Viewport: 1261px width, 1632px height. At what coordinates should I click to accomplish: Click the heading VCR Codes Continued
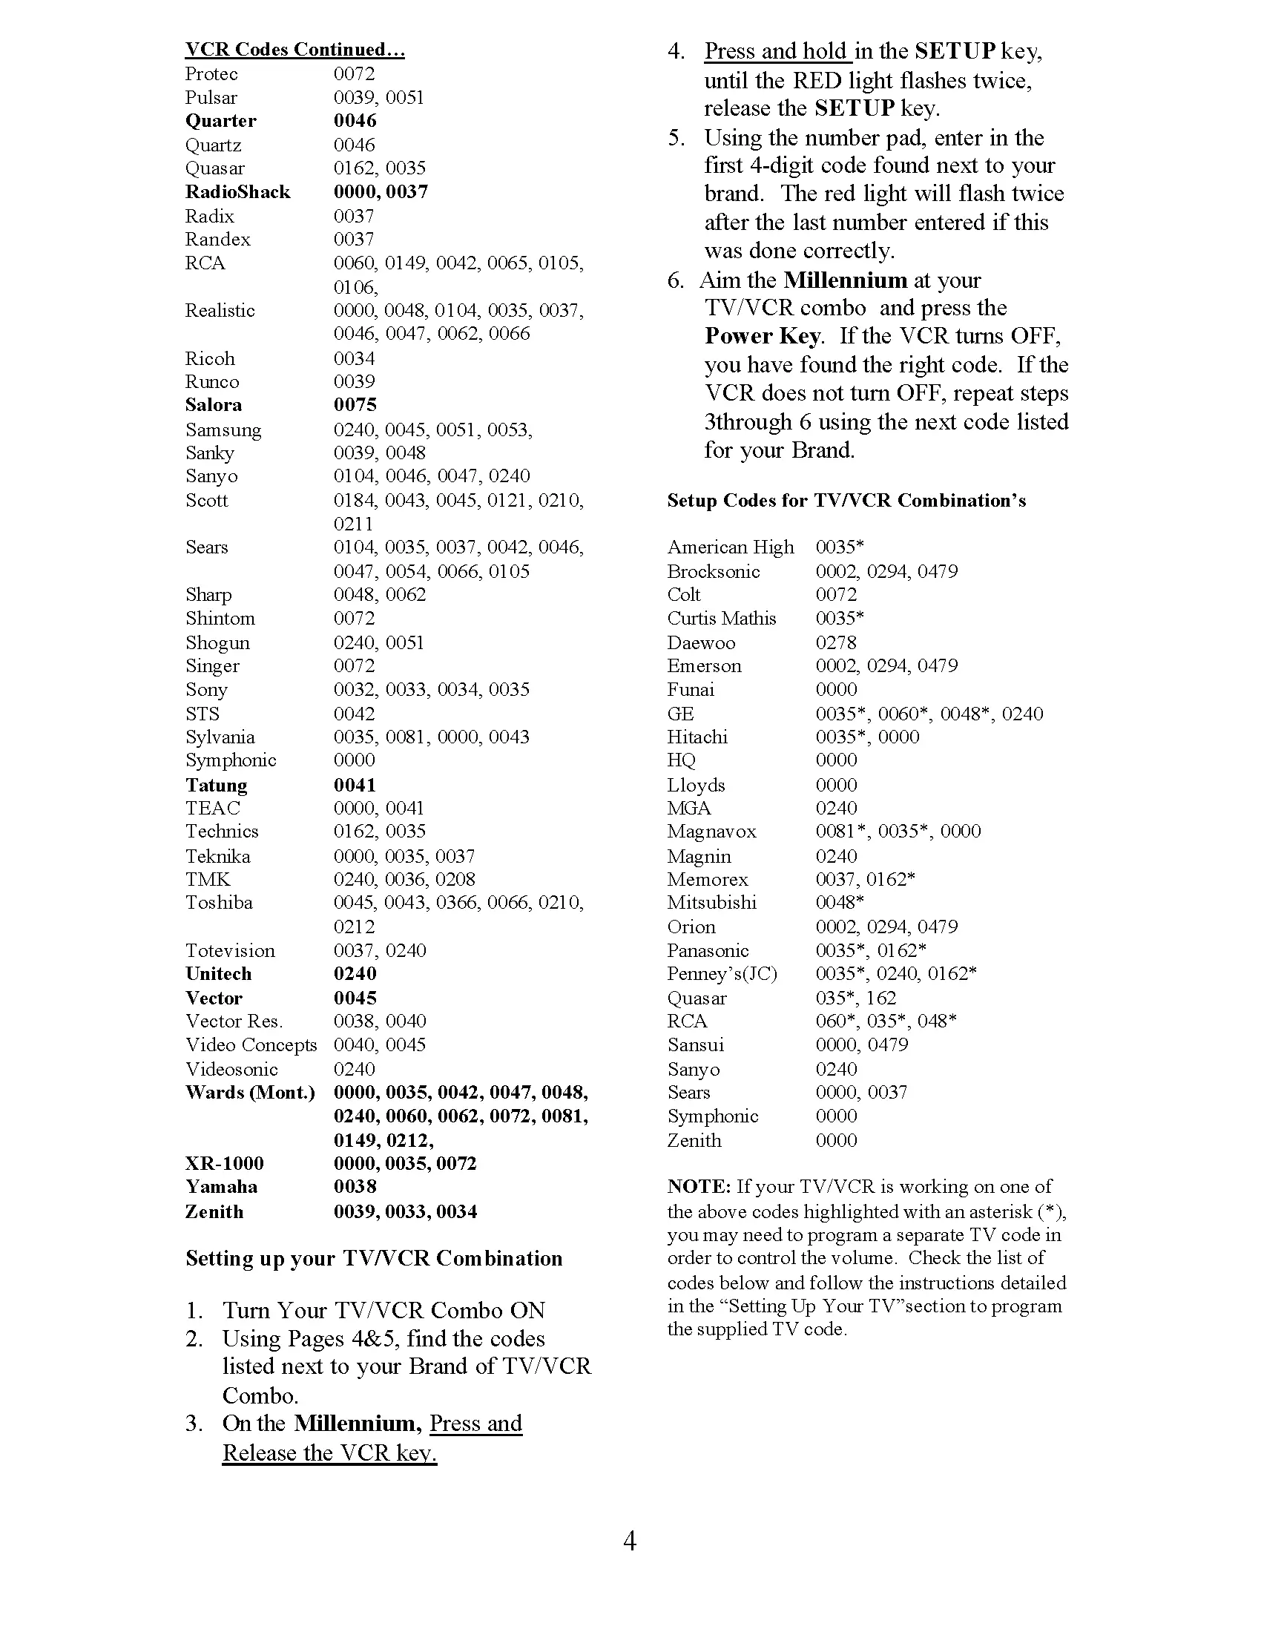(x=294, y=49)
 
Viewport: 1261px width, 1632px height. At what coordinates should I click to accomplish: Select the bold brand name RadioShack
(x=237, y=192)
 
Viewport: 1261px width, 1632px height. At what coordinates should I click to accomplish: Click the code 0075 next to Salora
(x=355, y=405)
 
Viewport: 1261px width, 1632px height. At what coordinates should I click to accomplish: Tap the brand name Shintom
(x=220, y=619)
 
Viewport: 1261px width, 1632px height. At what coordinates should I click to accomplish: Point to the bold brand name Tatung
(x=216, y=786)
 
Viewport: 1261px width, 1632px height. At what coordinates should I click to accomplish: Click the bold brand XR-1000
(x=224, y=1163)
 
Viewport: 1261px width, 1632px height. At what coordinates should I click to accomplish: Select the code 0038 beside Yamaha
(x=355, y=1187)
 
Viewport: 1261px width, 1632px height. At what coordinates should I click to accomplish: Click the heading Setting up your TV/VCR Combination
(x=374, y=1258)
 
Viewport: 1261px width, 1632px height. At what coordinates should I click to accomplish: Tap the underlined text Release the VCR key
(x=329, y=1452)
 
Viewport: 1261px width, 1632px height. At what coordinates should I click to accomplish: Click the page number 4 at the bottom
(x=630, y=1541)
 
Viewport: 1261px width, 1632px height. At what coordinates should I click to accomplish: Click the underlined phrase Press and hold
(x=776, y=52)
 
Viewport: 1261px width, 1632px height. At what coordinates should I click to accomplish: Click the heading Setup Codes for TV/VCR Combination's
(x=846, y=501)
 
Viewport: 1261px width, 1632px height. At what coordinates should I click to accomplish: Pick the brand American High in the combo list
(x=730, y=547)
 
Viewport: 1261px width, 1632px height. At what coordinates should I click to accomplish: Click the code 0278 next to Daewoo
(x=836, y=642)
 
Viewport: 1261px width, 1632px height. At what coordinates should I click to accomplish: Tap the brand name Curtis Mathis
(x=721, y=619)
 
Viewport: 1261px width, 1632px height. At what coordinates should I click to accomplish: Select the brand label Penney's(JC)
(x=722, y=975)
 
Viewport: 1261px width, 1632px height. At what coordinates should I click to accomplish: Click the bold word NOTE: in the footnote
(x=699, y=1187)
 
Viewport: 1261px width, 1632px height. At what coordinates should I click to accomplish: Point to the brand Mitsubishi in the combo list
(x=711, y=903)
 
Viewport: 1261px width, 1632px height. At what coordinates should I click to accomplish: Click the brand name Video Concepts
(x=251, y=1045)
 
